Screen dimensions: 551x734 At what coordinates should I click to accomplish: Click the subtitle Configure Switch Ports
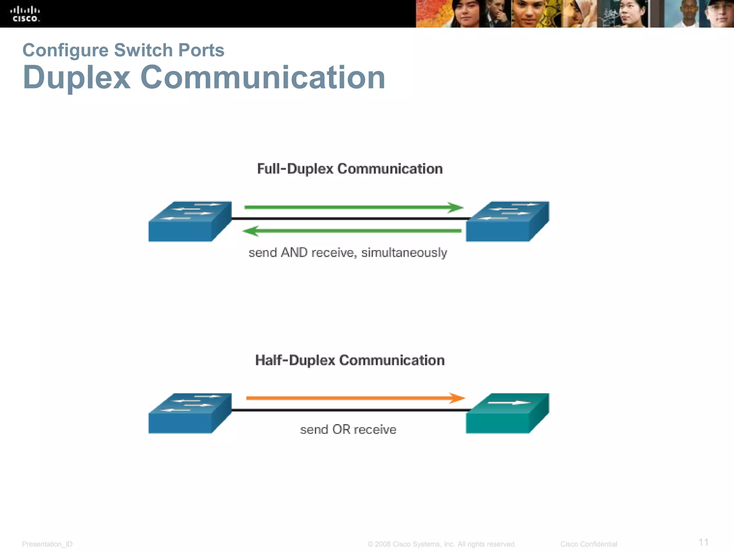tap(123, 50)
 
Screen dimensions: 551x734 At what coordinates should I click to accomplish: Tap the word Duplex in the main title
tap(76, 77)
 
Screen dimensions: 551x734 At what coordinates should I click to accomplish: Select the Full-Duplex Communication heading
tap(350, 169)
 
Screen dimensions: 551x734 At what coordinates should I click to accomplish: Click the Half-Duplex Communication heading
tap(350, 360)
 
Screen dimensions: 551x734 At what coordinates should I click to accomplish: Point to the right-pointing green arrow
tap(353, 207)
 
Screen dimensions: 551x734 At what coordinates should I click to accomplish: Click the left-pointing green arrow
tap(352, 231)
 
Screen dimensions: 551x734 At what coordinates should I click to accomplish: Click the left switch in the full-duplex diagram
tap(190, 222)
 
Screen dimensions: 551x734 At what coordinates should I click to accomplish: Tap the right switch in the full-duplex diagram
tap(507, 222)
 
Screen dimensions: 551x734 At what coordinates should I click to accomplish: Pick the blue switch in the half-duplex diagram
tap(190, 414)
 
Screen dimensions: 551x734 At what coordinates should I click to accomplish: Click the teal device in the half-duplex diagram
tap(507, 414)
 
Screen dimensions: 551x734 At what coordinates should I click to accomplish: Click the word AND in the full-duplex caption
tap(294, 253)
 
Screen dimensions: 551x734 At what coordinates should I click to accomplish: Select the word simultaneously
tap(404, 253)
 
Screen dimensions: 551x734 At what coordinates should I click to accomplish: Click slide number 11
tap(704, 542)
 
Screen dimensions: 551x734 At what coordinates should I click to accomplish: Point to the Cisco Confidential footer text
tap(588, 544)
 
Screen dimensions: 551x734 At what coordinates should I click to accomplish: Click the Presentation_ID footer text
tap(47, 544)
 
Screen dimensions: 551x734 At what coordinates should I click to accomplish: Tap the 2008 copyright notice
tap(442, 544)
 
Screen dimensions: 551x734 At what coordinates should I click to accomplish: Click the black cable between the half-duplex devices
tap(349, 410)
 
